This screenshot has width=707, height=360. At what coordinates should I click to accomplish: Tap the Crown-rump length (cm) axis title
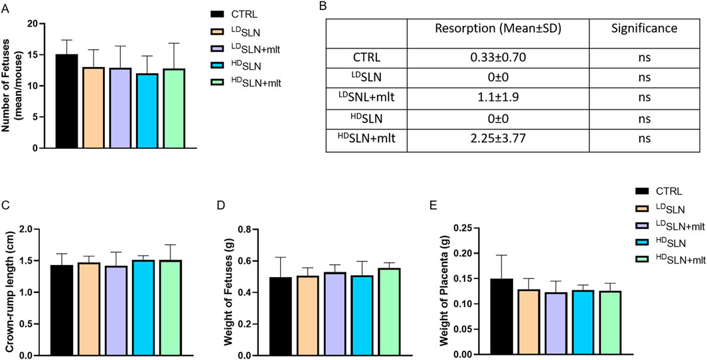tap(9, 292)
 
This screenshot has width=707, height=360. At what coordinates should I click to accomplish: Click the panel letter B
tap(323, 6)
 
